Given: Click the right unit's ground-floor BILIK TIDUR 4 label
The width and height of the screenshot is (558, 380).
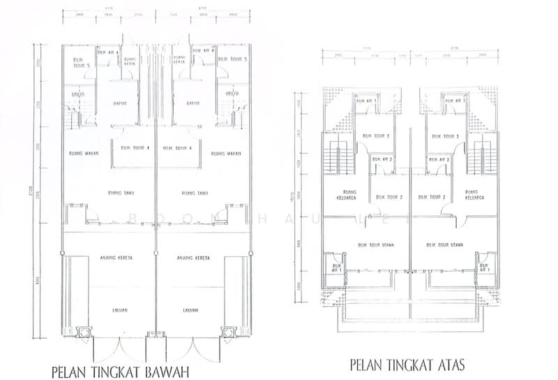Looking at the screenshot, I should tap(176, 148).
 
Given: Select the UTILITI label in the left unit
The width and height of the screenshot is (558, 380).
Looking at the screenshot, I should tap(77, 95).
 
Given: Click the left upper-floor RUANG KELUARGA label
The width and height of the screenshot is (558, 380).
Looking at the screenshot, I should tap(346, 194).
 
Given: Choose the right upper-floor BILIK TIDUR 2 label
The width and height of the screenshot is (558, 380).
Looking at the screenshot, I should tap(430, 197).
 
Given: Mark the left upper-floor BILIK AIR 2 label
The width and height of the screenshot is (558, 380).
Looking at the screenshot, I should tap(383, 160).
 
